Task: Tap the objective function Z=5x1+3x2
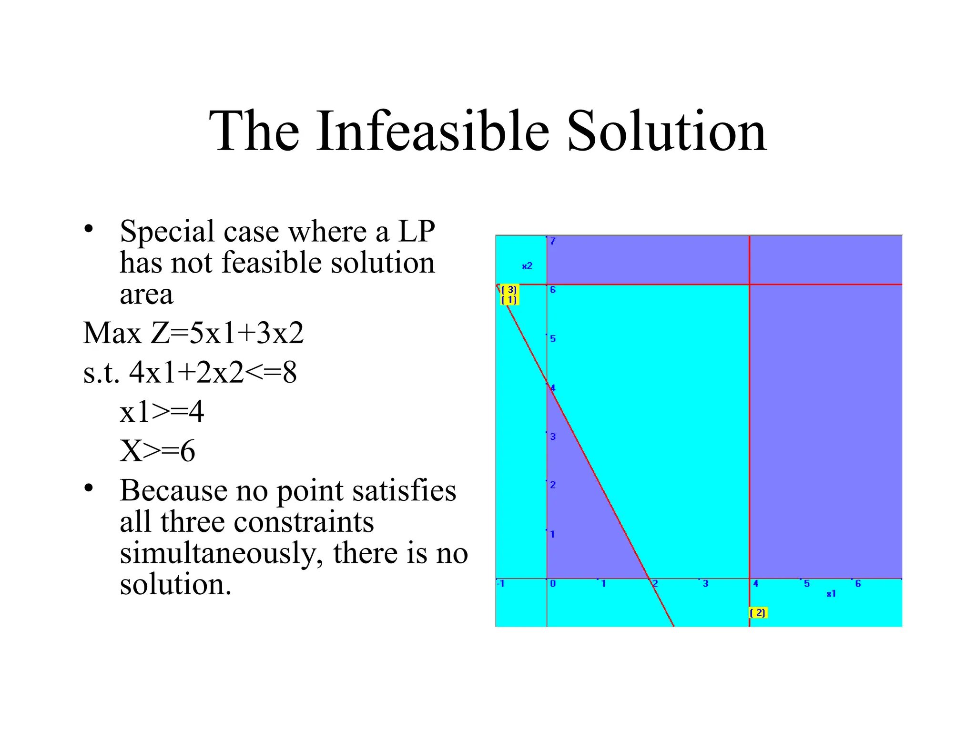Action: click(x=227, y=333)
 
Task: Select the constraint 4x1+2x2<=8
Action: click(x=213, y=372)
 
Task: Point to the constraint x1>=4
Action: click(x=162, y=412)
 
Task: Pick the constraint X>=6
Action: click(x=158, y=451)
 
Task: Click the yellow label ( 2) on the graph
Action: click(x=758, y=613)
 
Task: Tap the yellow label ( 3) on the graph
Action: click(x=509, y=290)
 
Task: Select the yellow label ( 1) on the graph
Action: click(x=509, y=300)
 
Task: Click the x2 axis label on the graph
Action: click(x=527, y=266)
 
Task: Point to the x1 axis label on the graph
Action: click(x=831, y=594)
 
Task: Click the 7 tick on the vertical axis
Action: click(x=553, y=241)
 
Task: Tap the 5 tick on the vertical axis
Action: click(x=553, y=339)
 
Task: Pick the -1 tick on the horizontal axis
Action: click(x=501, y=583)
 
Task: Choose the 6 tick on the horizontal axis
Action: click(x=858, y=583)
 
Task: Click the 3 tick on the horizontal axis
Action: click(x=706, y=583)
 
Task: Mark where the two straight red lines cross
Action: click(x=750, y=285)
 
